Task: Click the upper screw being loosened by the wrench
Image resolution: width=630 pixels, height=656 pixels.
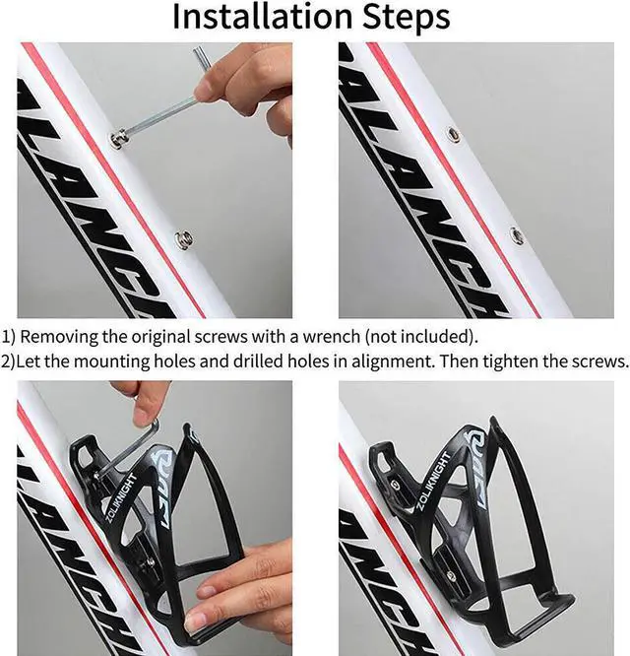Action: [119, 140]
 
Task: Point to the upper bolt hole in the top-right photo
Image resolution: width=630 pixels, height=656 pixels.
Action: [453, 134]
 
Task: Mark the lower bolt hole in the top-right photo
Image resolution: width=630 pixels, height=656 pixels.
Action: [517, 234]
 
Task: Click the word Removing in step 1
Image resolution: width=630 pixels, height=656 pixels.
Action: [60, 336]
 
